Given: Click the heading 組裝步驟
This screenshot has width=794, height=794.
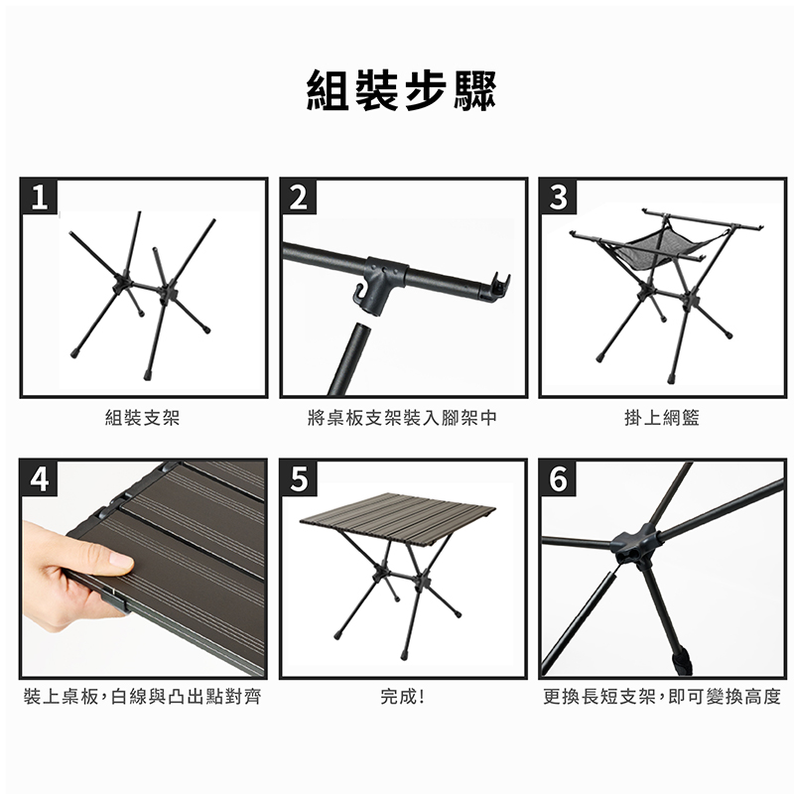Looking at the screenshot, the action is coord(402,90).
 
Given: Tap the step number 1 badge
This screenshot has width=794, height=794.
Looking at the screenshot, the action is coord(39,197).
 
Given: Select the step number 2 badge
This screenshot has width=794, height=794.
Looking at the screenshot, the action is coord(299,197).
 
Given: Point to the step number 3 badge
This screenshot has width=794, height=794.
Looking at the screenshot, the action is coord(558,197).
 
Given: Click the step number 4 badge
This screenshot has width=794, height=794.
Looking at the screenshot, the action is coord(39,478).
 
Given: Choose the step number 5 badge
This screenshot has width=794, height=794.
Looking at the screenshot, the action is coord(299,478).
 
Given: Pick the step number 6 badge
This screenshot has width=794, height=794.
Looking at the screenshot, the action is coord(558,478).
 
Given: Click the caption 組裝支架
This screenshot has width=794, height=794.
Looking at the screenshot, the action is coord(142,418).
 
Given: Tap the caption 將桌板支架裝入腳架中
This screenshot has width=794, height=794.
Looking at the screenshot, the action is coord(403,418).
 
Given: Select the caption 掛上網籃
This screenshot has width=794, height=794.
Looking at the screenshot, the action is coord(662,418).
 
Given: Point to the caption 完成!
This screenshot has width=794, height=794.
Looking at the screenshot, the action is coord(403,698).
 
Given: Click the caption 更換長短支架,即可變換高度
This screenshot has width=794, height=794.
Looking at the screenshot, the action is coord(662,698).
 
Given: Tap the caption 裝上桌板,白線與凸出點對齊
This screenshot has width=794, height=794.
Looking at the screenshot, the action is coord(142,698).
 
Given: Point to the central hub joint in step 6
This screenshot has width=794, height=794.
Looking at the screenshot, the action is coord(634,545).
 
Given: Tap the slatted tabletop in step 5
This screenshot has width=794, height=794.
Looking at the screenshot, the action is coord(399,517).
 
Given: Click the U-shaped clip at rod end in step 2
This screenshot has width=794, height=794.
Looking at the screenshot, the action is coord(500,286).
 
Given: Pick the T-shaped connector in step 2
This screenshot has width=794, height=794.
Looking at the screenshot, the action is coord(386,284).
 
